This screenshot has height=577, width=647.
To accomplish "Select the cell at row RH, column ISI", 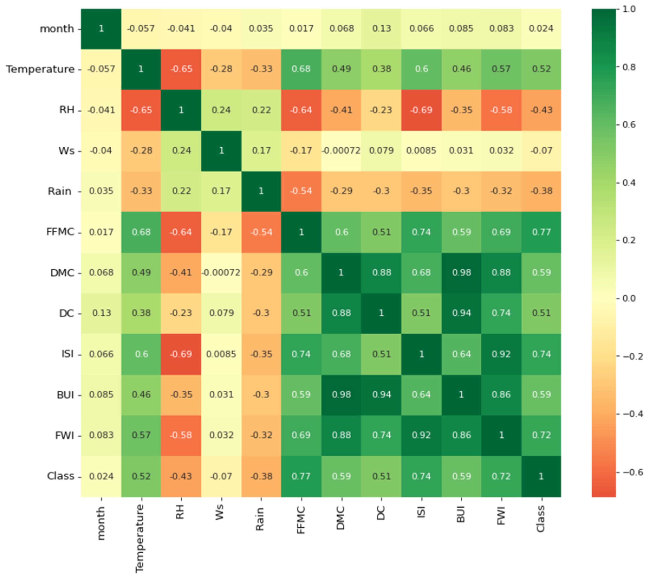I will coord(421,110).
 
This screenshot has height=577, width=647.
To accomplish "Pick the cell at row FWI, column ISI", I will coord(421,435).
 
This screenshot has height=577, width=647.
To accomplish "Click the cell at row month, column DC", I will coord(381,29).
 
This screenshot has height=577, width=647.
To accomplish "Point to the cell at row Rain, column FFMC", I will coord(301,191).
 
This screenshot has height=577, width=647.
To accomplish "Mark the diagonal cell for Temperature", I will coord(141,69).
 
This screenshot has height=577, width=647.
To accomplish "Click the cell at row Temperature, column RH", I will coord(181,69).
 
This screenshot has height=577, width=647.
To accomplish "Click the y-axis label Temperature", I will coord(40,69).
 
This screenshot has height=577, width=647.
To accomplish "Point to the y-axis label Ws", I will coord(66,151).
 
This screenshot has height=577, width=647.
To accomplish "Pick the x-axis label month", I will coord(101,523).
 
